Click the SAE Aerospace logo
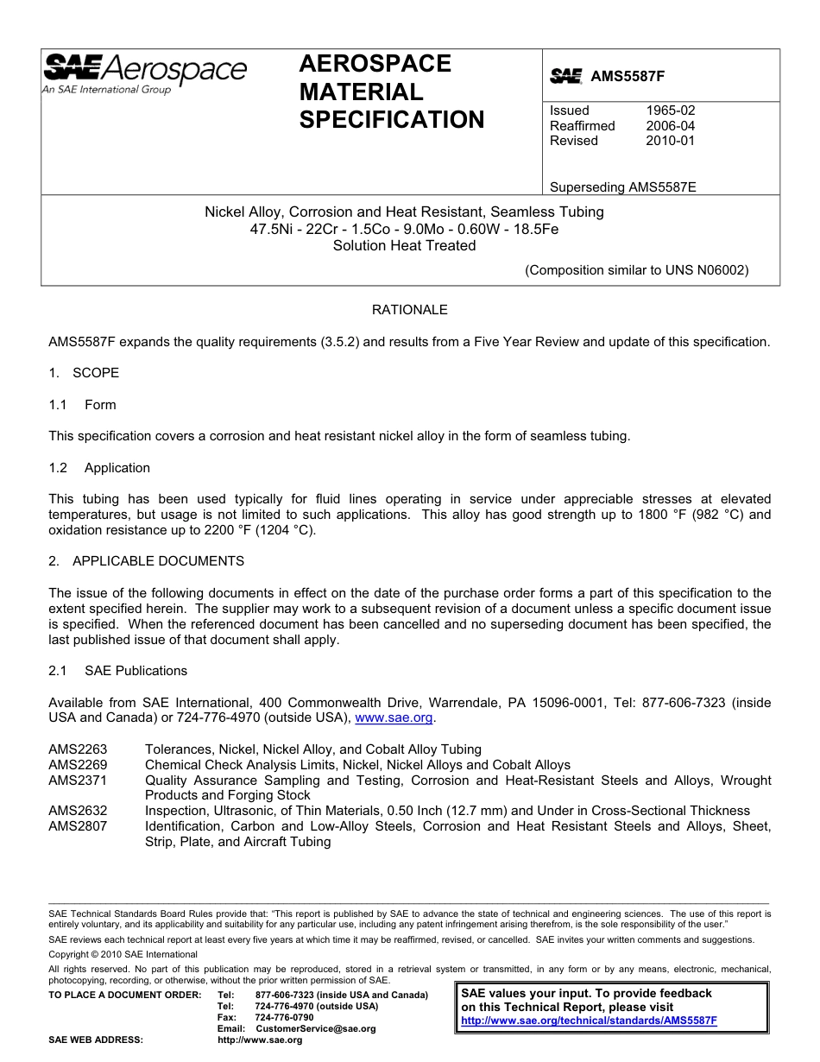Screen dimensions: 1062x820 [x=144, y=73]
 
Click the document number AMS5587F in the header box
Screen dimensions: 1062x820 [x=628, y=76]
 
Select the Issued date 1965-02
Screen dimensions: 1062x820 [x=670, y=111]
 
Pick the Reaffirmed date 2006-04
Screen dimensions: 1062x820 [x=670, y=126]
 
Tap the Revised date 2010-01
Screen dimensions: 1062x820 [x=670, y=141]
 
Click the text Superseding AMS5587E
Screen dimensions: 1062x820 [x=622, y=186]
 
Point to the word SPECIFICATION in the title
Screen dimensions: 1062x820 [x=392, y=120]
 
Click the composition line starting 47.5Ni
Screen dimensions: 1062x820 [x=404, y=229]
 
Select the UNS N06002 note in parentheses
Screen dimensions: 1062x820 [x=637, y=269]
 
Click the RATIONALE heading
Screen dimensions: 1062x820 [x=409, y=310]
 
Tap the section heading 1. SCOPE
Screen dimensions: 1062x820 [x=84, y=373]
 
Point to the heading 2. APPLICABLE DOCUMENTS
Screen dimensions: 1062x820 [x=146, y=561]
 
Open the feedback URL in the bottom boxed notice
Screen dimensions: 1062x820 [x=589, y=1021]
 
